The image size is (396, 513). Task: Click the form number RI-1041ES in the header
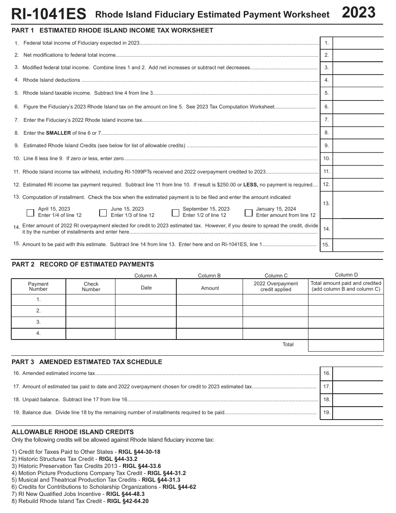(49, 14)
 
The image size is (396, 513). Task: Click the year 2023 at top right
(358, 13)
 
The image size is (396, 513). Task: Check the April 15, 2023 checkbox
(30, 213)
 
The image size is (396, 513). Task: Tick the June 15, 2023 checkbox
(103, 213)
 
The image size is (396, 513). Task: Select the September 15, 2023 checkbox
(175, 213)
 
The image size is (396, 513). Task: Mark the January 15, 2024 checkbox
(249, 213)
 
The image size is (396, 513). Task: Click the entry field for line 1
(358, 43)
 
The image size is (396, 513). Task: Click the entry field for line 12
(358, 184)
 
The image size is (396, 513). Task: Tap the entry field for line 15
(358, 245)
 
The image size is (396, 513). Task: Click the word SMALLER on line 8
(58, 133)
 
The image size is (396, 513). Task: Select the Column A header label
(145, 276)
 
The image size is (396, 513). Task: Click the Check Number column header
(91, 287)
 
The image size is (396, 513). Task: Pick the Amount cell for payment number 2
(210, 311)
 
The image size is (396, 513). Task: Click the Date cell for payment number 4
(146, 334)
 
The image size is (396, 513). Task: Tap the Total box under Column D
(346, 345)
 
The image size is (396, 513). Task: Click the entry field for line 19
(358, 413)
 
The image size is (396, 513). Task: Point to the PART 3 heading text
(87, 362)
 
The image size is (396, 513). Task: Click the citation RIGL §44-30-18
(139, 452)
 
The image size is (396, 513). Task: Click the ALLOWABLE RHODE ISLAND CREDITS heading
(73, 432)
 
